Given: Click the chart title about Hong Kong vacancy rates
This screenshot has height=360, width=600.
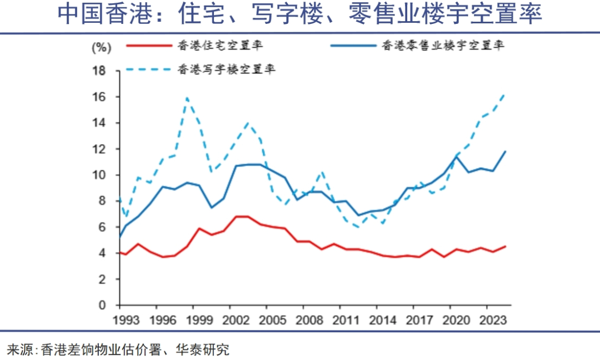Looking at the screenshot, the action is [x=300, y=15].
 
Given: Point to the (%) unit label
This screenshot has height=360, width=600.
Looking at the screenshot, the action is [x=102, y=47].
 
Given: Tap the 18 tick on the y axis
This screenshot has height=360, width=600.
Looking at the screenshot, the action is [x=99, y=71].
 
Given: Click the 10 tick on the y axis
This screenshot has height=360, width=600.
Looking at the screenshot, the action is [x=99, y=175].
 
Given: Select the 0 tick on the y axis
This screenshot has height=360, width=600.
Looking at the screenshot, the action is [x=102, y=305].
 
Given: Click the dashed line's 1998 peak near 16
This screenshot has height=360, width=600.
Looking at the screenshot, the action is [x=187, y=98].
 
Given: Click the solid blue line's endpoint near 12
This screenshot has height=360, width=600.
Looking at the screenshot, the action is [x=505, y=151].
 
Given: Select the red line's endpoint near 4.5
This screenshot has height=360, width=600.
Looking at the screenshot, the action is [x=505, y=246].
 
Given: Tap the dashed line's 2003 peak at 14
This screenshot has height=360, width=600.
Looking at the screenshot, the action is [x=248, y=123].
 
